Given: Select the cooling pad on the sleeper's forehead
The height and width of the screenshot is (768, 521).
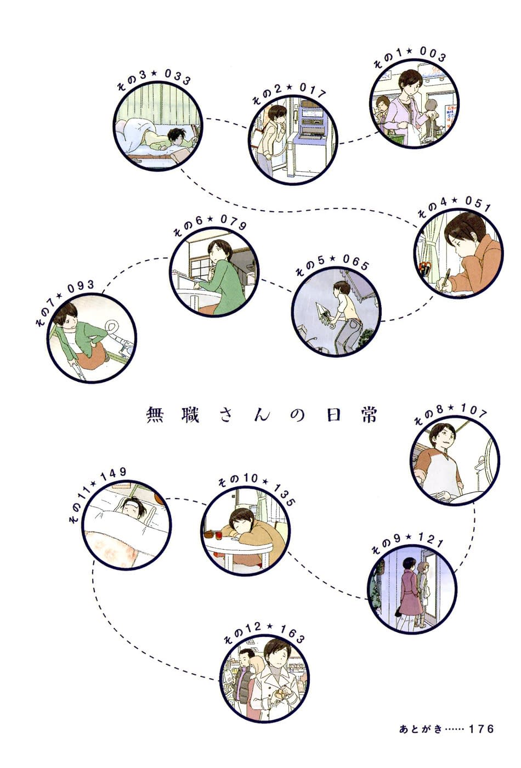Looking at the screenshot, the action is (130, 505).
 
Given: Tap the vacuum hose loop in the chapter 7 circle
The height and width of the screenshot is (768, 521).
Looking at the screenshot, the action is (112, 326).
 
